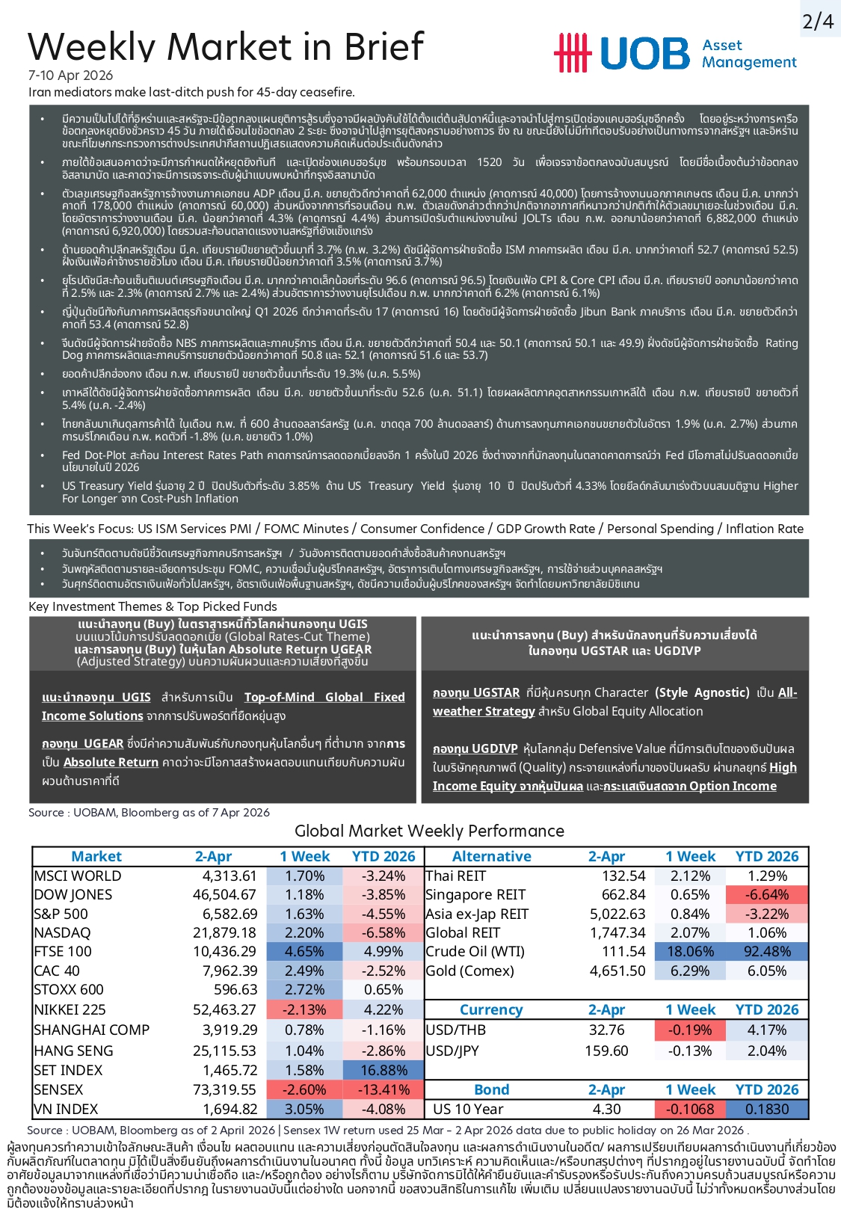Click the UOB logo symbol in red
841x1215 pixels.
[x=573, y=53]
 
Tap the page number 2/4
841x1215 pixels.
[x=818, y=22]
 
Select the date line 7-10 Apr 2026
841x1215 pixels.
[x=70, y=76]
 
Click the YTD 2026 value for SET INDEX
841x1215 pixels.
[x=383, y=1070]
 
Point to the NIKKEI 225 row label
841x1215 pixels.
[x=71, y=1009]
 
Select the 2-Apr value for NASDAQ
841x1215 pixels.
[x=224, y=933]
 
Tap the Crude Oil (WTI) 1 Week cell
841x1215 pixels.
[x=690, y=952]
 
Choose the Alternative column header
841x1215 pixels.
[x=491, y=857]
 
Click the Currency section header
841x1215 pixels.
[x=490, y=1010]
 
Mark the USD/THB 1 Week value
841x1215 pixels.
[x=690, y=1030]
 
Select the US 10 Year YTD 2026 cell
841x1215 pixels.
[x=767, y=1110]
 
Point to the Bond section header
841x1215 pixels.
[x=491, y=1090]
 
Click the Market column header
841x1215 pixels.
[x=96, y=857]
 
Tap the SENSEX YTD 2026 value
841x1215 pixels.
[x=383, y=1090]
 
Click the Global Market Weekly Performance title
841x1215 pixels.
[x=429, y=831]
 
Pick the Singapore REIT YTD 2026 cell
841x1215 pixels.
[x=767, y=895]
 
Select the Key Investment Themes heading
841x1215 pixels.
[x=153, y=607]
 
